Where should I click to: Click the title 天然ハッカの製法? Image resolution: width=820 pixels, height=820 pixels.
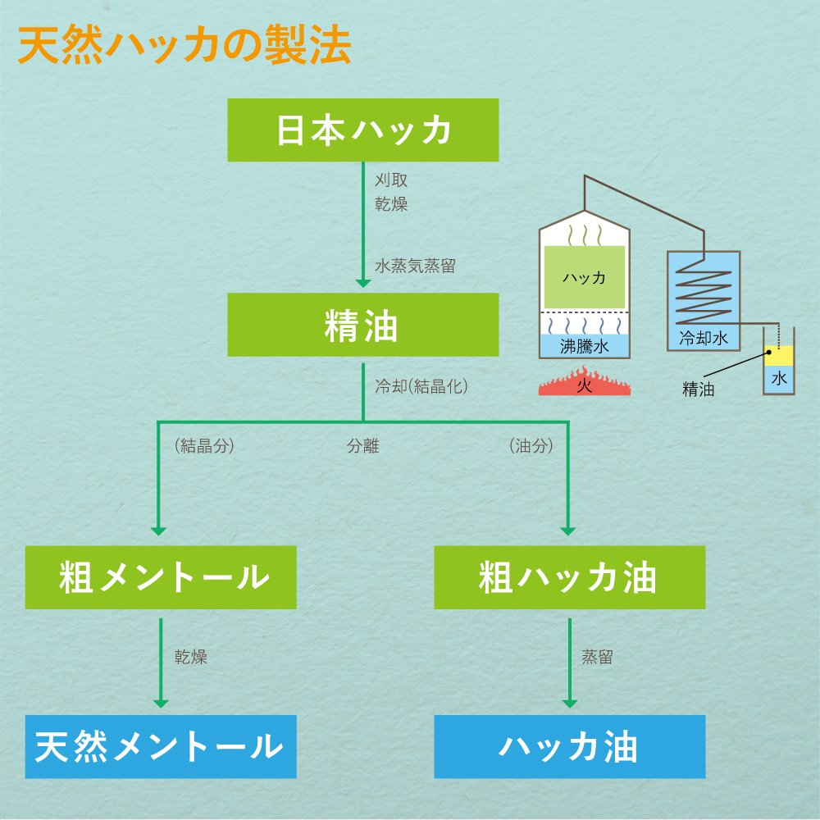click(184, 48)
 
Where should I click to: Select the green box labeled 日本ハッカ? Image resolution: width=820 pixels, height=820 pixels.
click(362, 130)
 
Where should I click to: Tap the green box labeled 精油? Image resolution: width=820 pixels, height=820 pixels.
click(362, 326)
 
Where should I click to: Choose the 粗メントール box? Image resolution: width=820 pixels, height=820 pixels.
click(161, 578)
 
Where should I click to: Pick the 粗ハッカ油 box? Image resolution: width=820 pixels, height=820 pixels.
click(569, 578)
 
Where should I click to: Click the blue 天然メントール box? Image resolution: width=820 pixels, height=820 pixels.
click(161, 746)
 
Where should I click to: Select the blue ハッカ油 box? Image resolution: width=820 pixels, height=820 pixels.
click(569, 746)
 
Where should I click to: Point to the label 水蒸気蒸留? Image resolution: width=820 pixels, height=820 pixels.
click(415, 266)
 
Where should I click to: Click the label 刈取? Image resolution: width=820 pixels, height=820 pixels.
click(391, 180)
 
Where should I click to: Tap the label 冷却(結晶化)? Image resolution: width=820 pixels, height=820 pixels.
click(420, 385)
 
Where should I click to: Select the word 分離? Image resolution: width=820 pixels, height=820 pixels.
click(362, 447)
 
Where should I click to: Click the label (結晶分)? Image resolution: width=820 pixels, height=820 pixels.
click(205, 447)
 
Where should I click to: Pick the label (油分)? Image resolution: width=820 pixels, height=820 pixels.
click(531, 447)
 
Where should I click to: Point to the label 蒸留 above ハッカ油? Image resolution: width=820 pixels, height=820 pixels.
click(597, 657)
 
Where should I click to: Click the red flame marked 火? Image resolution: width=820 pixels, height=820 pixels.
click(584, 385)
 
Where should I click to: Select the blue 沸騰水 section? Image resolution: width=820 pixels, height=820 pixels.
click(584, 346)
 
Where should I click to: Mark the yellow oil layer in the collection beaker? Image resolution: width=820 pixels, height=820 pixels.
click(779, 355)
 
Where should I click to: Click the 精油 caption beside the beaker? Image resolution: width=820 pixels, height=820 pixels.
click(698, 389)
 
